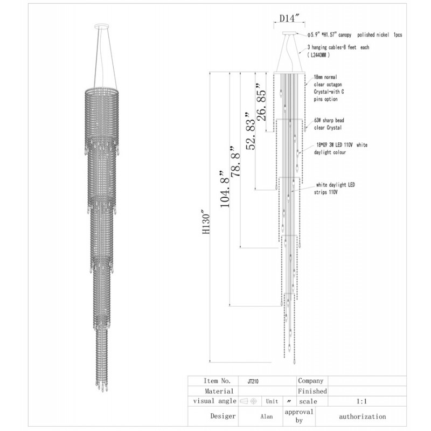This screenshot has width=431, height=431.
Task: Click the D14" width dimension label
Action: tap(289, 18)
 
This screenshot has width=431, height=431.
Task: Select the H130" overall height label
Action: tap(206, 223)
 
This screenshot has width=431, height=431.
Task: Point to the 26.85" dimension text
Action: tap(261, 102)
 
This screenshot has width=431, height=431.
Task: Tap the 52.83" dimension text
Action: tap(251, 131)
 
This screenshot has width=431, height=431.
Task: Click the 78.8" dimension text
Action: tap(235, 161)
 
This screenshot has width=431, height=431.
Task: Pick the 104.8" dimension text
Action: tap(225, 189)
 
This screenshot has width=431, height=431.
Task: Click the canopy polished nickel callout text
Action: tap(354, 35)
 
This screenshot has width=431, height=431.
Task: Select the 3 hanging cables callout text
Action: tap(338, 51)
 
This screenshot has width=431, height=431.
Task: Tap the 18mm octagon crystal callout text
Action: tap(329, 88)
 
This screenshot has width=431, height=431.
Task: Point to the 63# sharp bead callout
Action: tap(329, 124)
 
